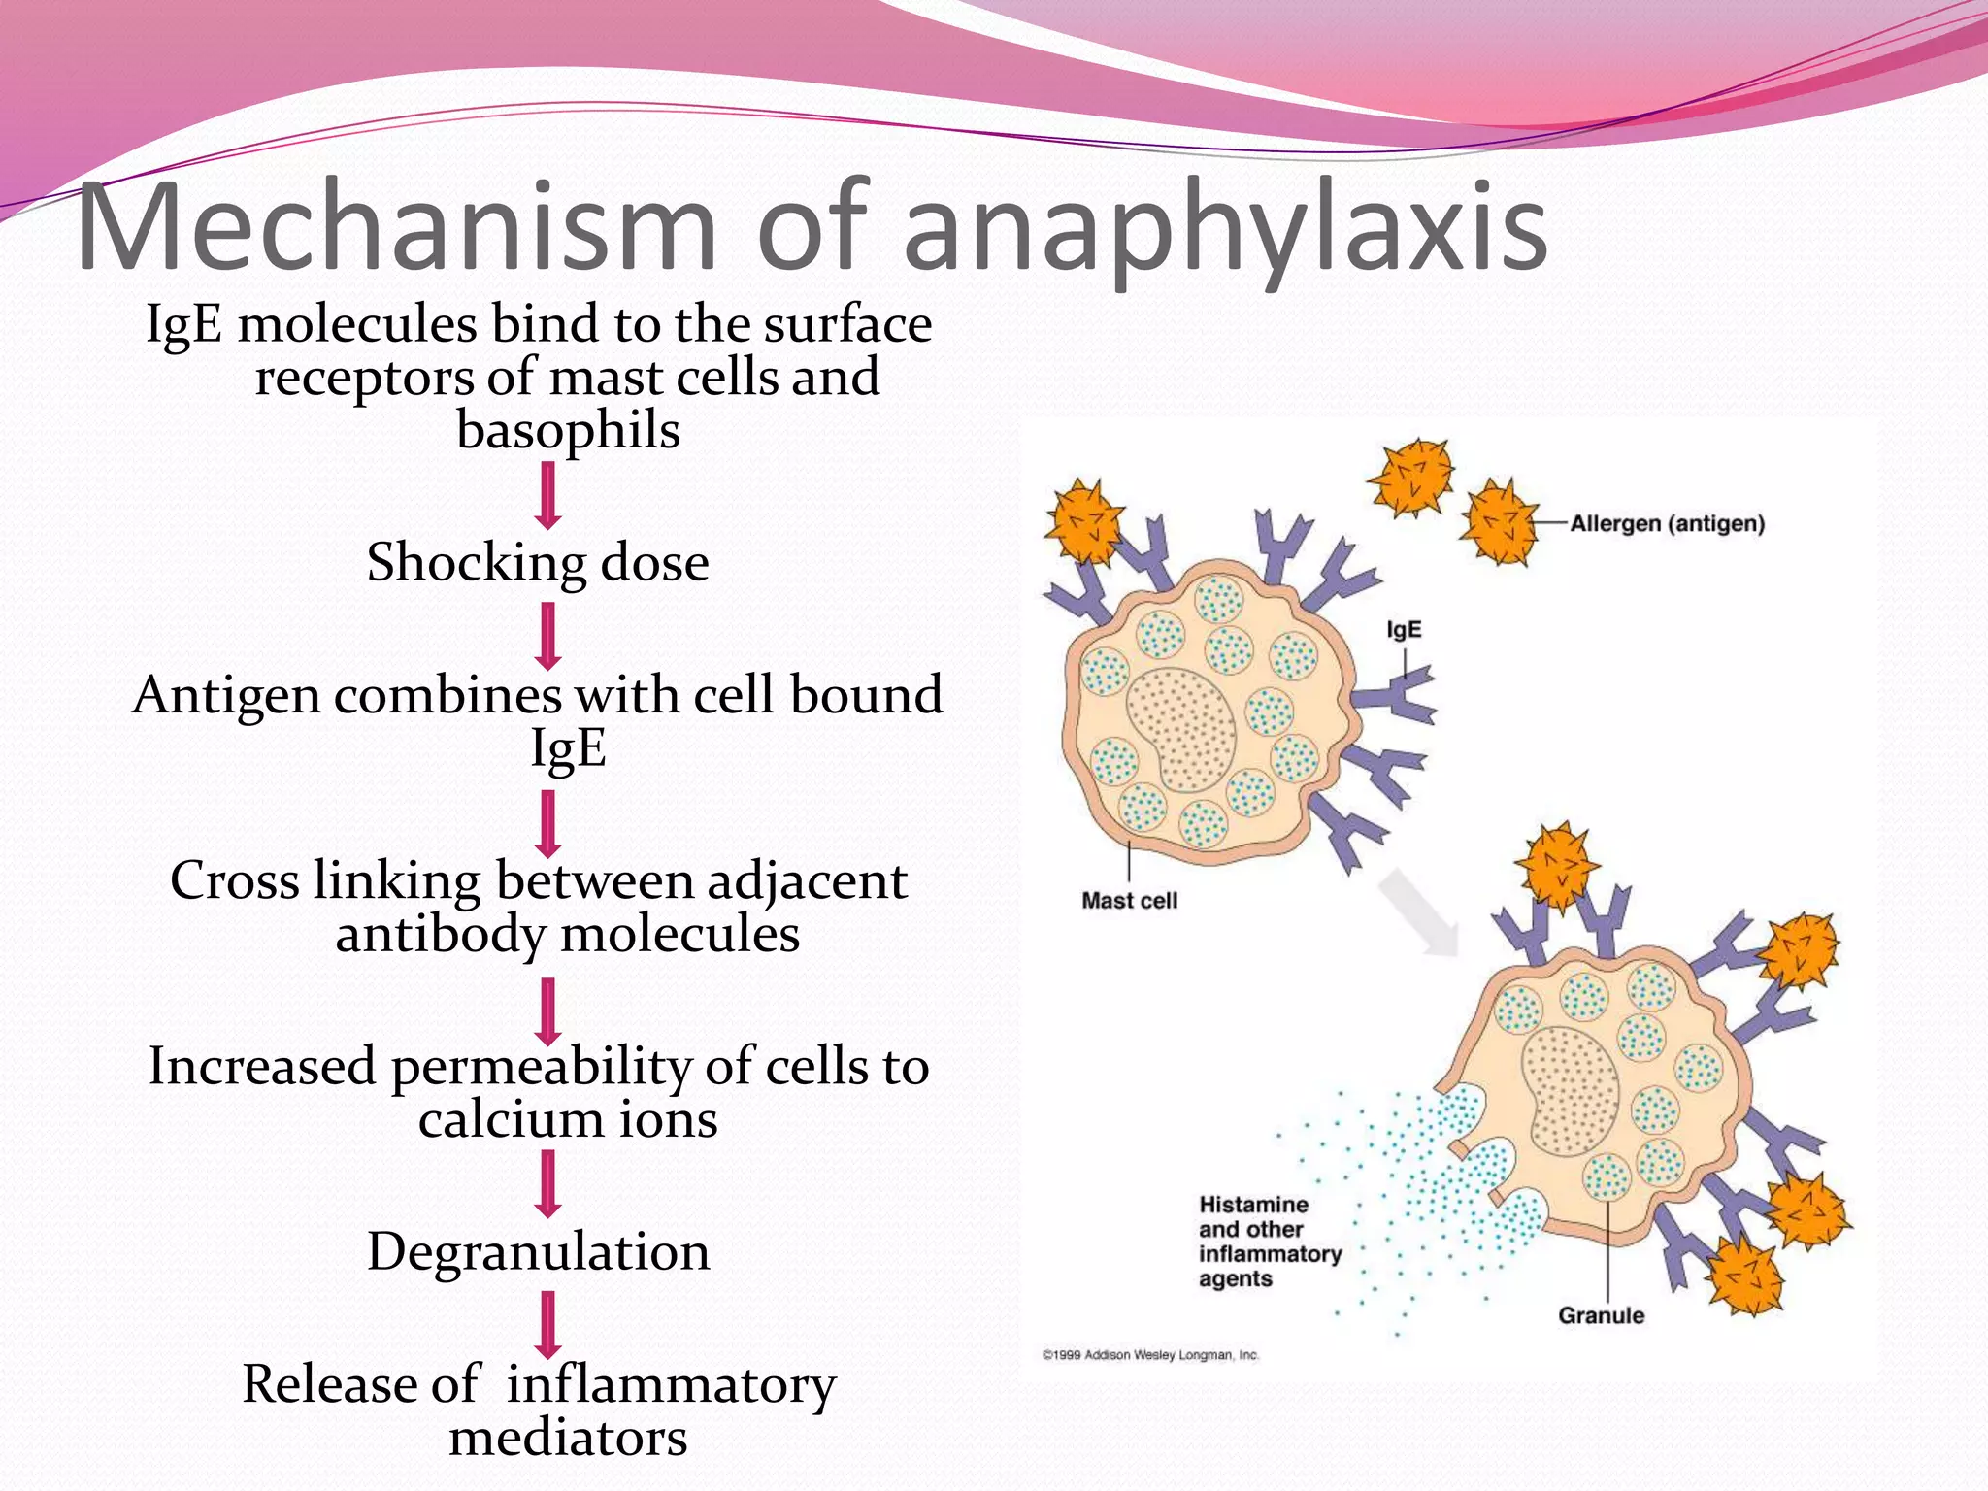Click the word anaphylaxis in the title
tap(1225, 229)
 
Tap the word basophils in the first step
tap(568, 430)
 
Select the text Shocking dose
tap(538, 562)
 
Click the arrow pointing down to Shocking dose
tap(548, 495)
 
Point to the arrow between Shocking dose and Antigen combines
tap(548, 636)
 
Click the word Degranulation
tap(538, 1251)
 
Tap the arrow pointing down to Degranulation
tap(548, 1183)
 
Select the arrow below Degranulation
tap(548, 1324)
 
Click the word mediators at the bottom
tap(568, 1437)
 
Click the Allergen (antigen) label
tap(1667, 524)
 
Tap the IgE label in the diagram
tap(1404, 630)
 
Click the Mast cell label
tap(1129, 901)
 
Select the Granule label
tap(1601, 1316)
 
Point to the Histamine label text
tap(1253, 1205)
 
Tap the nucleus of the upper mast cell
tap(1181, 728)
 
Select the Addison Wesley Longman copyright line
tap(1150, 1355)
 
